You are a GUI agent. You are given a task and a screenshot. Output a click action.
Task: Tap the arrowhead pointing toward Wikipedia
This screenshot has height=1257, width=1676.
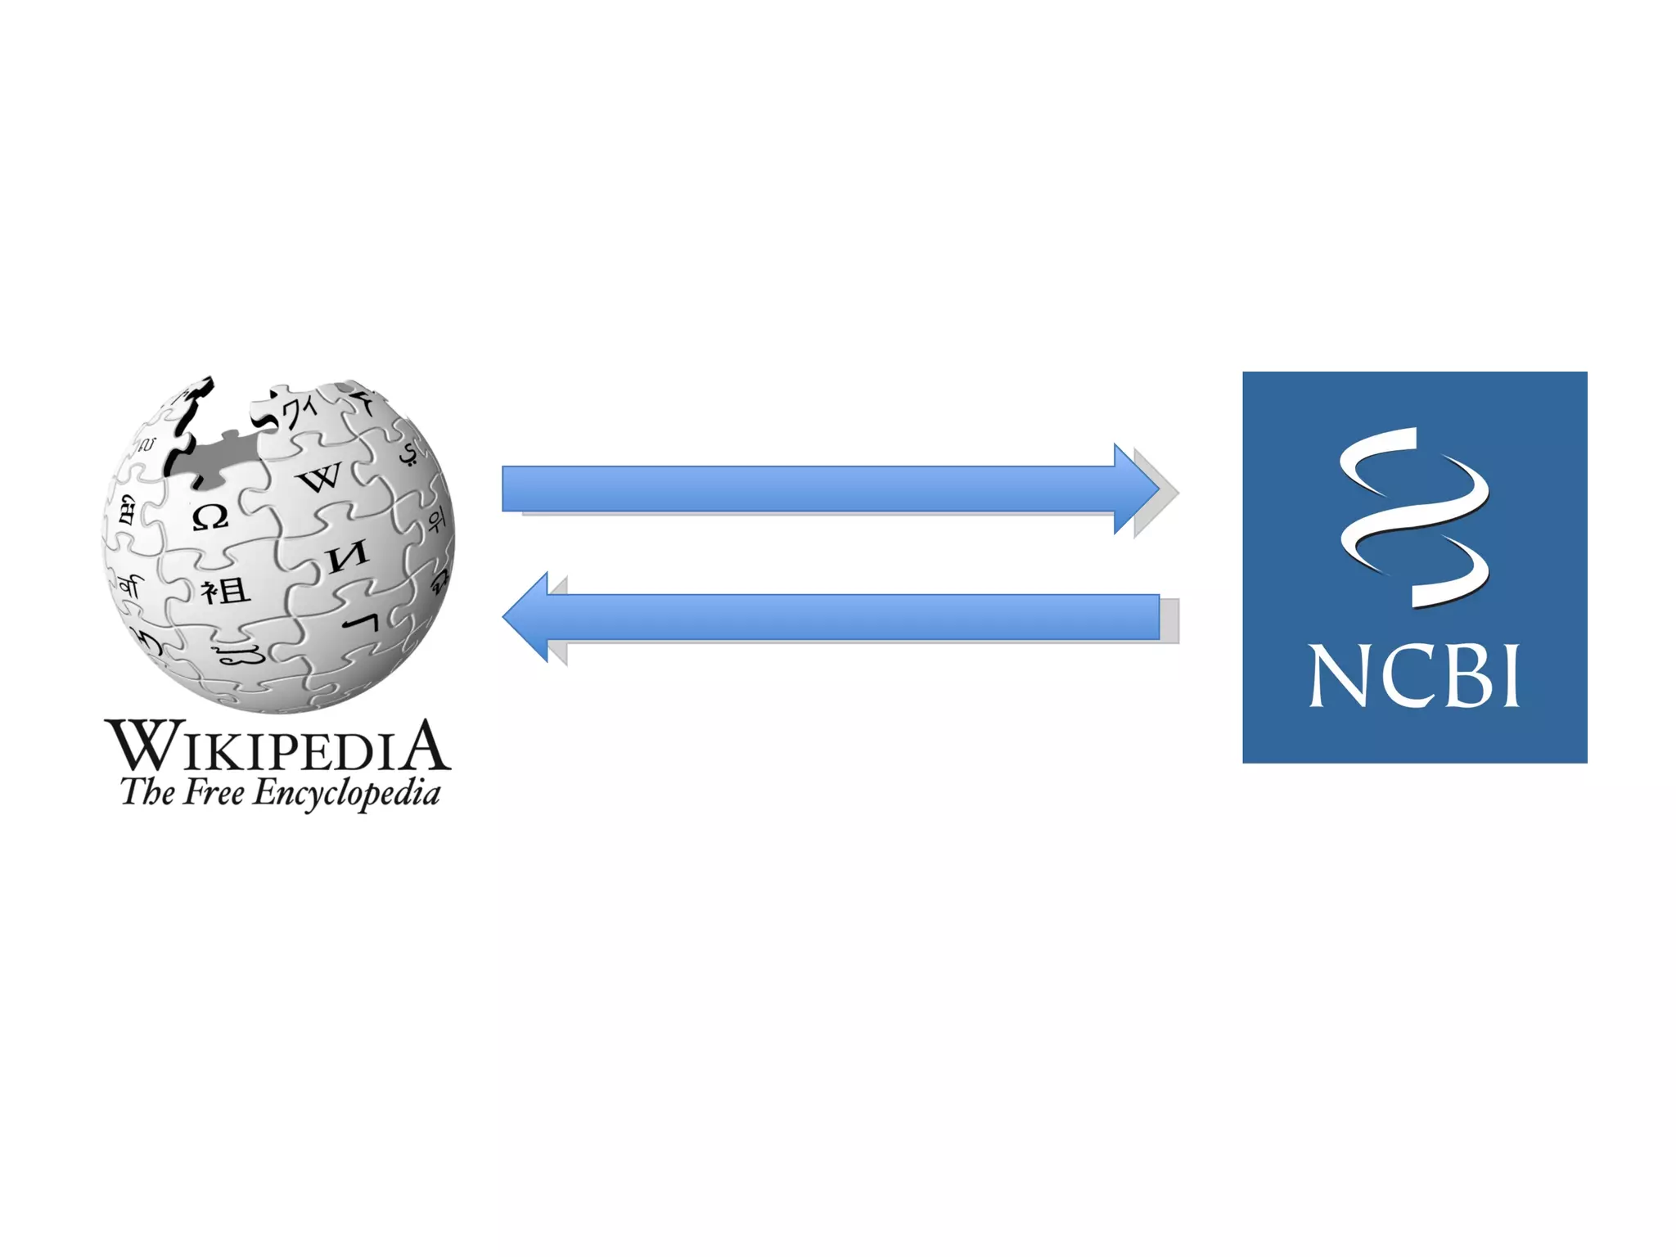[x=525, y=617]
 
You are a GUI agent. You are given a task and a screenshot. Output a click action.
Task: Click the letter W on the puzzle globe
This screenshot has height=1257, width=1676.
[x=320, y=476]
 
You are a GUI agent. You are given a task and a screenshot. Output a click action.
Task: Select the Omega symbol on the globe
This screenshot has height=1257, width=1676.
[x=210, y=517]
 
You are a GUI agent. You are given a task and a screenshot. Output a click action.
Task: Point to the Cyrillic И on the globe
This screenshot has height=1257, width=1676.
[x=348, y=557]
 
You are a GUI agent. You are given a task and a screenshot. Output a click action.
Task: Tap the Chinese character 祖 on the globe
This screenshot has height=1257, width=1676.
[x=225, y=590]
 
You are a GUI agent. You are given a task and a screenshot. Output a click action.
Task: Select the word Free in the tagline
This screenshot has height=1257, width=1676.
[x=214, y=792]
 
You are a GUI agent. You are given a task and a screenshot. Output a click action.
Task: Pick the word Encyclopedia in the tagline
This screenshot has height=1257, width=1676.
[x=347, y=794]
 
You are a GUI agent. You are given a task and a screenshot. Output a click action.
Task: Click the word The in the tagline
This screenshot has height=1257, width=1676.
[x=147, y=792]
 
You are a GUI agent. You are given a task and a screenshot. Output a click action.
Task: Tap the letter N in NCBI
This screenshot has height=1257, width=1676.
[x=1337, y=676]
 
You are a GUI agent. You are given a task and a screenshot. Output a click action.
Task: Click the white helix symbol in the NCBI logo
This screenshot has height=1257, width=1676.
[x=1414, y=517]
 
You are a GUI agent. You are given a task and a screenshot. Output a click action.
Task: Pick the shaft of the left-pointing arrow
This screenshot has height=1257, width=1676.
[x=851, y=617]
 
